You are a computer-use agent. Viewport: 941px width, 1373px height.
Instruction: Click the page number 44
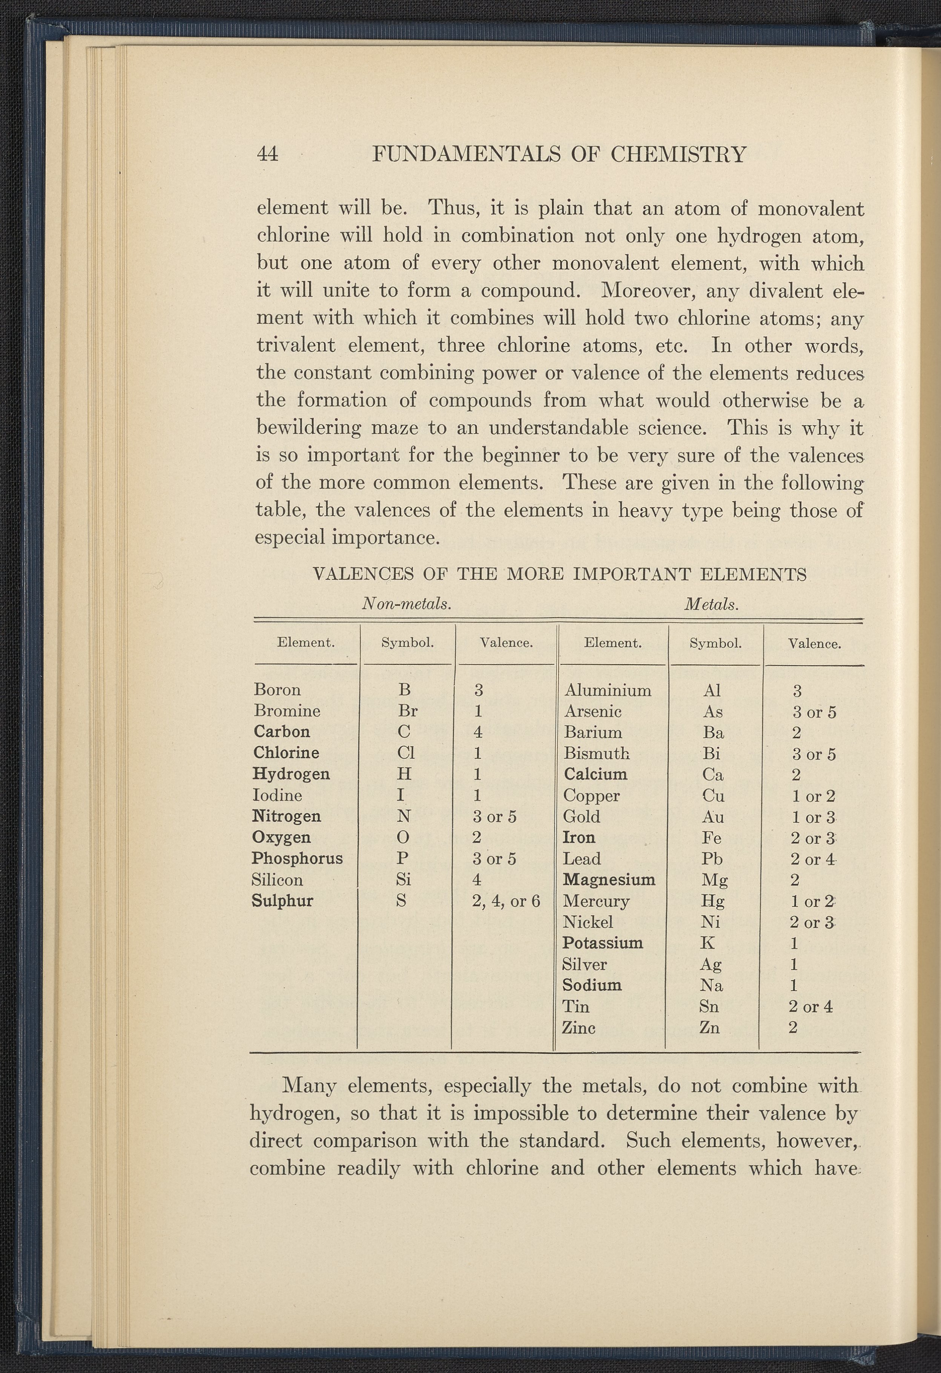coord(267,154)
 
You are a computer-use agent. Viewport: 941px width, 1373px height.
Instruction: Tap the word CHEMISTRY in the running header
coord(678,155)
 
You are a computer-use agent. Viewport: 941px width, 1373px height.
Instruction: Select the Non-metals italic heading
coord(407,604)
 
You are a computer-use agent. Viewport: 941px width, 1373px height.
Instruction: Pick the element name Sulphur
coord(282,901)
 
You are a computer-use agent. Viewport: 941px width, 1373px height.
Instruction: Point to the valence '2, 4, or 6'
coord(506,901)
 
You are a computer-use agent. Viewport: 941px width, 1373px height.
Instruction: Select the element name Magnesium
coord(609,880)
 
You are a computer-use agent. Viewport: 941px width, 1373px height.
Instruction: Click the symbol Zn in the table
coord(709,1028)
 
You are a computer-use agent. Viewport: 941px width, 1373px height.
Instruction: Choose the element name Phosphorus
coord(297,858)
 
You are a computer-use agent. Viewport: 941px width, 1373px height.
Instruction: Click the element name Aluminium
coord(608,690)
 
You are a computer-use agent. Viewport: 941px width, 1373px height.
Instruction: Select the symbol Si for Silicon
coord(403,880)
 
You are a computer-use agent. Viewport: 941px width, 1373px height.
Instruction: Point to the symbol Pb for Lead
coord(712,859)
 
